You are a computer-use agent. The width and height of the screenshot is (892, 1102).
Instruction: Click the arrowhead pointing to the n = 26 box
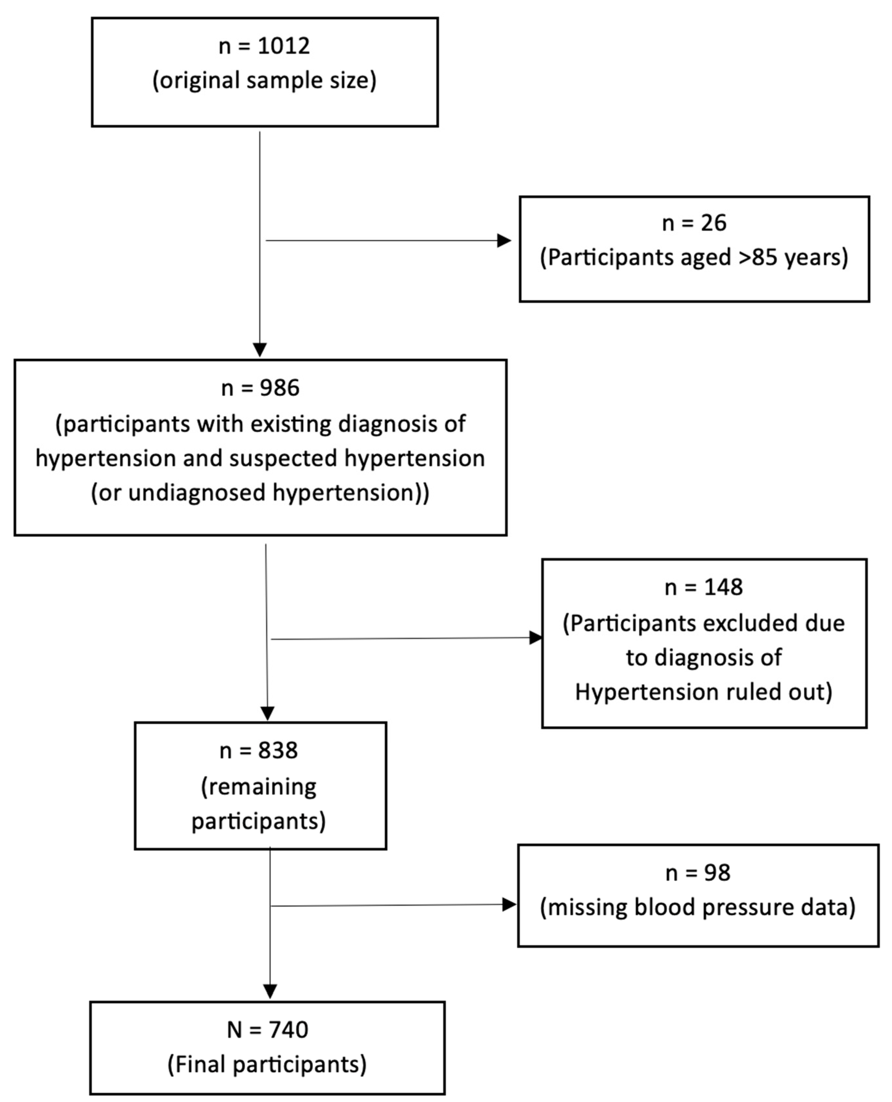(x=504, y=240)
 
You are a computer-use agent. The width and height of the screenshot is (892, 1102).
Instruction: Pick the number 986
(x=279, y=388)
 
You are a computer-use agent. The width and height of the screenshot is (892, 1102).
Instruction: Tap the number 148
(x=723, y=587)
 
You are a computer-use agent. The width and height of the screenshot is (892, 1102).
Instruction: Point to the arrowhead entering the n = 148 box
(x=536, y=638)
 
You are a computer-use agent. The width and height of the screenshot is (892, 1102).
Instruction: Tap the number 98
(x=717, y=873)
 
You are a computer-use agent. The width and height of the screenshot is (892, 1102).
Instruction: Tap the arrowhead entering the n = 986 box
(x=260, y=350)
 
